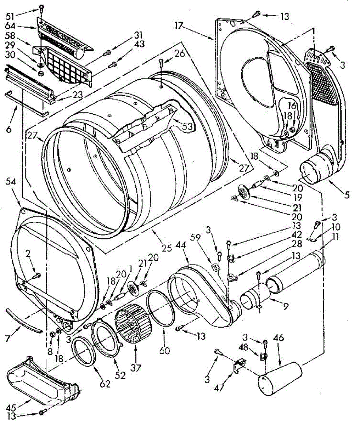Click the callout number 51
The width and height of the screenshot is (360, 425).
click(10, 16)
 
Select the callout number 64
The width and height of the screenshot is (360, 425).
click(10, 26)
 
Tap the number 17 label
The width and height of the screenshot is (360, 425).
click(179, 26)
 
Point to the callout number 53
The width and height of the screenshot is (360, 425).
click(187, 126)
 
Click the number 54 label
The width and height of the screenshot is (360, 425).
click(11, 182)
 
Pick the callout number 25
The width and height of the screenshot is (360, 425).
click(167, 248)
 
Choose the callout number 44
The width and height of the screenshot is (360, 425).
click(181, 245)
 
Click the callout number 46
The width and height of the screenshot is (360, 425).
click(279, 338)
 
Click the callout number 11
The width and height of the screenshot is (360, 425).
click(335, 237)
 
